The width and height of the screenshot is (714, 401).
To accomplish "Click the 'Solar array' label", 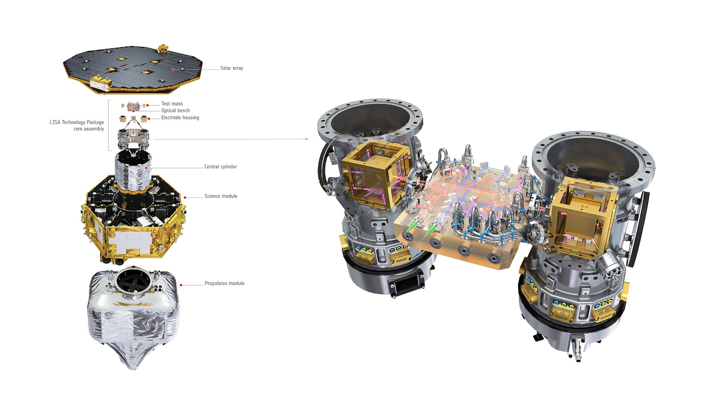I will point(231,68).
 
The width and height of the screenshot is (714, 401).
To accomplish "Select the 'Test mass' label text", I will point(172,104).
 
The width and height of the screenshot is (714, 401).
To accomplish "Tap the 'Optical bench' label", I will point(176,111).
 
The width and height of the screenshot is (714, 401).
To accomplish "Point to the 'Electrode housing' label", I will point(180,118).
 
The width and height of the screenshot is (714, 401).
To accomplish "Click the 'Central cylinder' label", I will point(221,167).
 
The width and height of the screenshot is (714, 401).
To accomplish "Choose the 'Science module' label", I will point(221,196).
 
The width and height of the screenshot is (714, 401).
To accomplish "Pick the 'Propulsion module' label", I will point(224,283).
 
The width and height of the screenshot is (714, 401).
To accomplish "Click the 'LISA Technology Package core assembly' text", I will point(77,125).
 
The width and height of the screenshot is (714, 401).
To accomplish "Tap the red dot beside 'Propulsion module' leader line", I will point(181,285).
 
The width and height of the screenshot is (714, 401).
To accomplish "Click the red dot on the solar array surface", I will point(173,69).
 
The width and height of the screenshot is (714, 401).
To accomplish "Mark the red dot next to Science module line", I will point(185,198).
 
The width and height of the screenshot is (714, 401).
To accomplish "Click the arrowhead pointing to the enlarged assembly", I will point(307,139).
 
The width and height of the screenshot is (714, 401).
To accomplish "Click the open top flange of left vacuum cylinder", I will point(370,119).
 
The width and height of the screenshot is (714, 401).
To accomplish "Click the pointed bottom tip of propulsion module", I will point(133,368).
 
